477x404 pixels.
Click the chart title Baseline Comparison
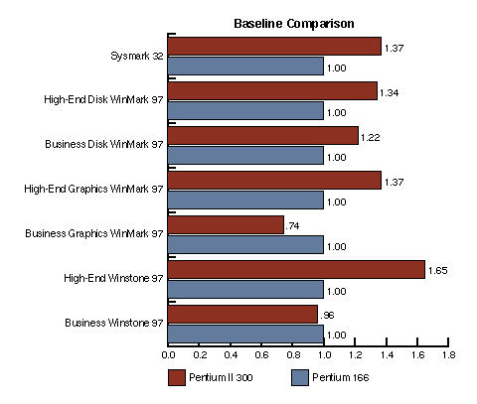pos(294,24)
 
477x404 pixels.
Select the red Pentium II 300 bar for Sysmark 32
pos(274,46)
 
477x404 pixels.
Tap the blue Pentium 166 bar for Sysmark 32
pos(245,66)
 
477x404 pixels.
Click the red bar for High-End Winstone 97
pos(296,269)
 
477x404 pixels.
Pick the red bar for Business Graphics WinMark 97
pos(226,224)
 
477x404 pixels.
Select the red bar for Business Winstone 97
pos(242,314)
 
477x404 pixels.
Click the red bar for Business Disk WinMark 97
pos(262,135)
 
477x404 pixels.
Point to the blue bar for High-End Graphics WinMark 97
pos(245,200)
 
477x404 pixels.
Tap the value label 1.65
pos(437,271)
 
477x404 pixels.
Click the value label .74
pos(292,226)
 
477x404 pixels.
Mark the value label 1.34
pos(389,93)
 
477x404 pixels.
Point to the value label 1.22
pos(370,138)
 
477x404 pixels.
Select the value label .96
pos(327,316)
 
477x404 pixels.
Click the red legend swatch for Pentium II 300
pos(177,377)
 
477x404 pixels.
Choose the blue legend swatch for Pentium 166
pos(300,377)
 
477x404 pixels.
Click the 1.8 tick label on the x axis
pos(448,355)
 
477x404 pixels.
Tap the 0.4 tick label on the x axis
pos(231,355)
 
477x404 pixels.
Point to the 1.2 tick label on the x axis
pos(355,355)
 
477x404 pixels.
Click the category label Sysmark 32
pos(137,56)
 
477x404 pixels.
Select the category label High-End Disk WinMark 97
pos(103,99)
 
